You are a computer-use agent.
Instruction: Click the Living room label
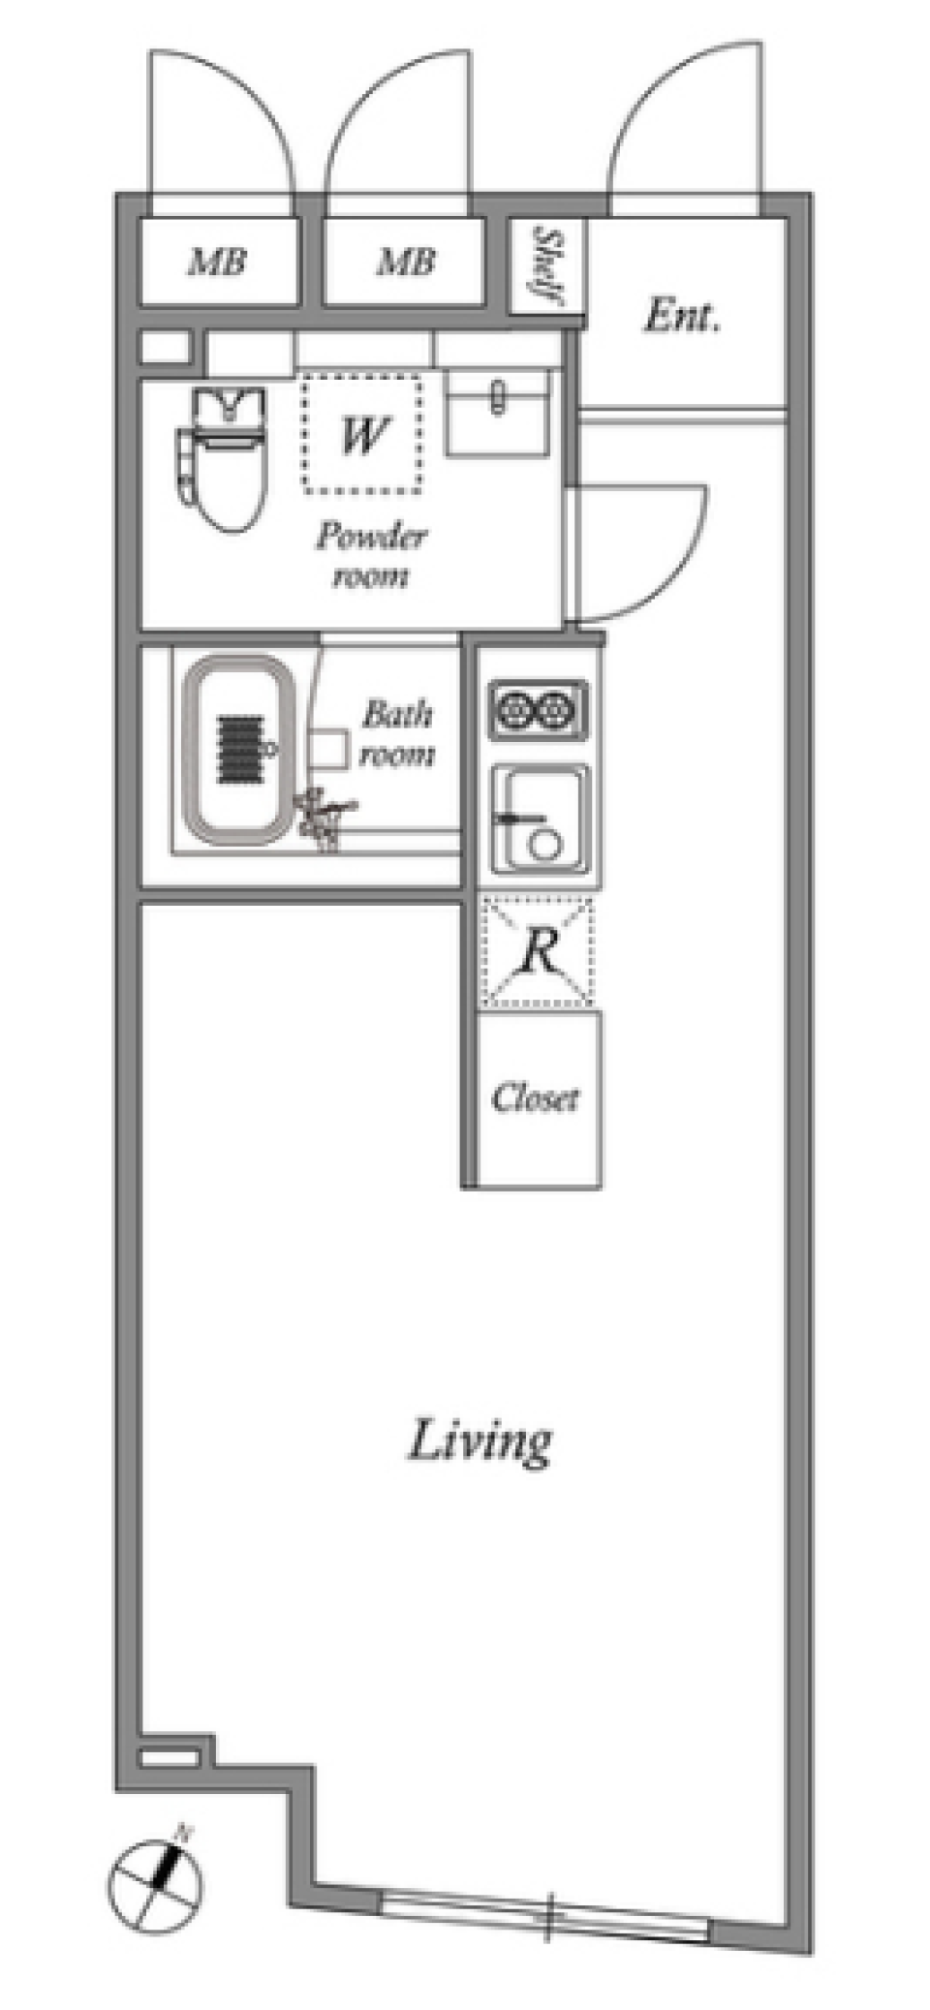point(480,1442)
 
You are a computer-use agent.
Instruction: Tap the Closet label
point(535,1098)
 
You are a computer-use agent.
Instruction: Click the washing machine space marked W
point(361,434)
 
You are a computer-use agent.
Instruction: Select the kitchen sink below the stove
point(539,816)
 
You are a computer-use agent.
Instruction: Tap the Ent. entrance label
point(682,317)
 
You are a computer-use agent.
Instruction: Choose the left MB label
point(218,261)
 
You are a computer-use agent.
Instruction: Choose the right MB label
point(405,261)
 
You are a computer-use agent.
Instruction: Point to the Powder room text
point(371,555)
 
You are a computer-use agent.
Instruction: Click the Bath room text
point(397,733)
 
